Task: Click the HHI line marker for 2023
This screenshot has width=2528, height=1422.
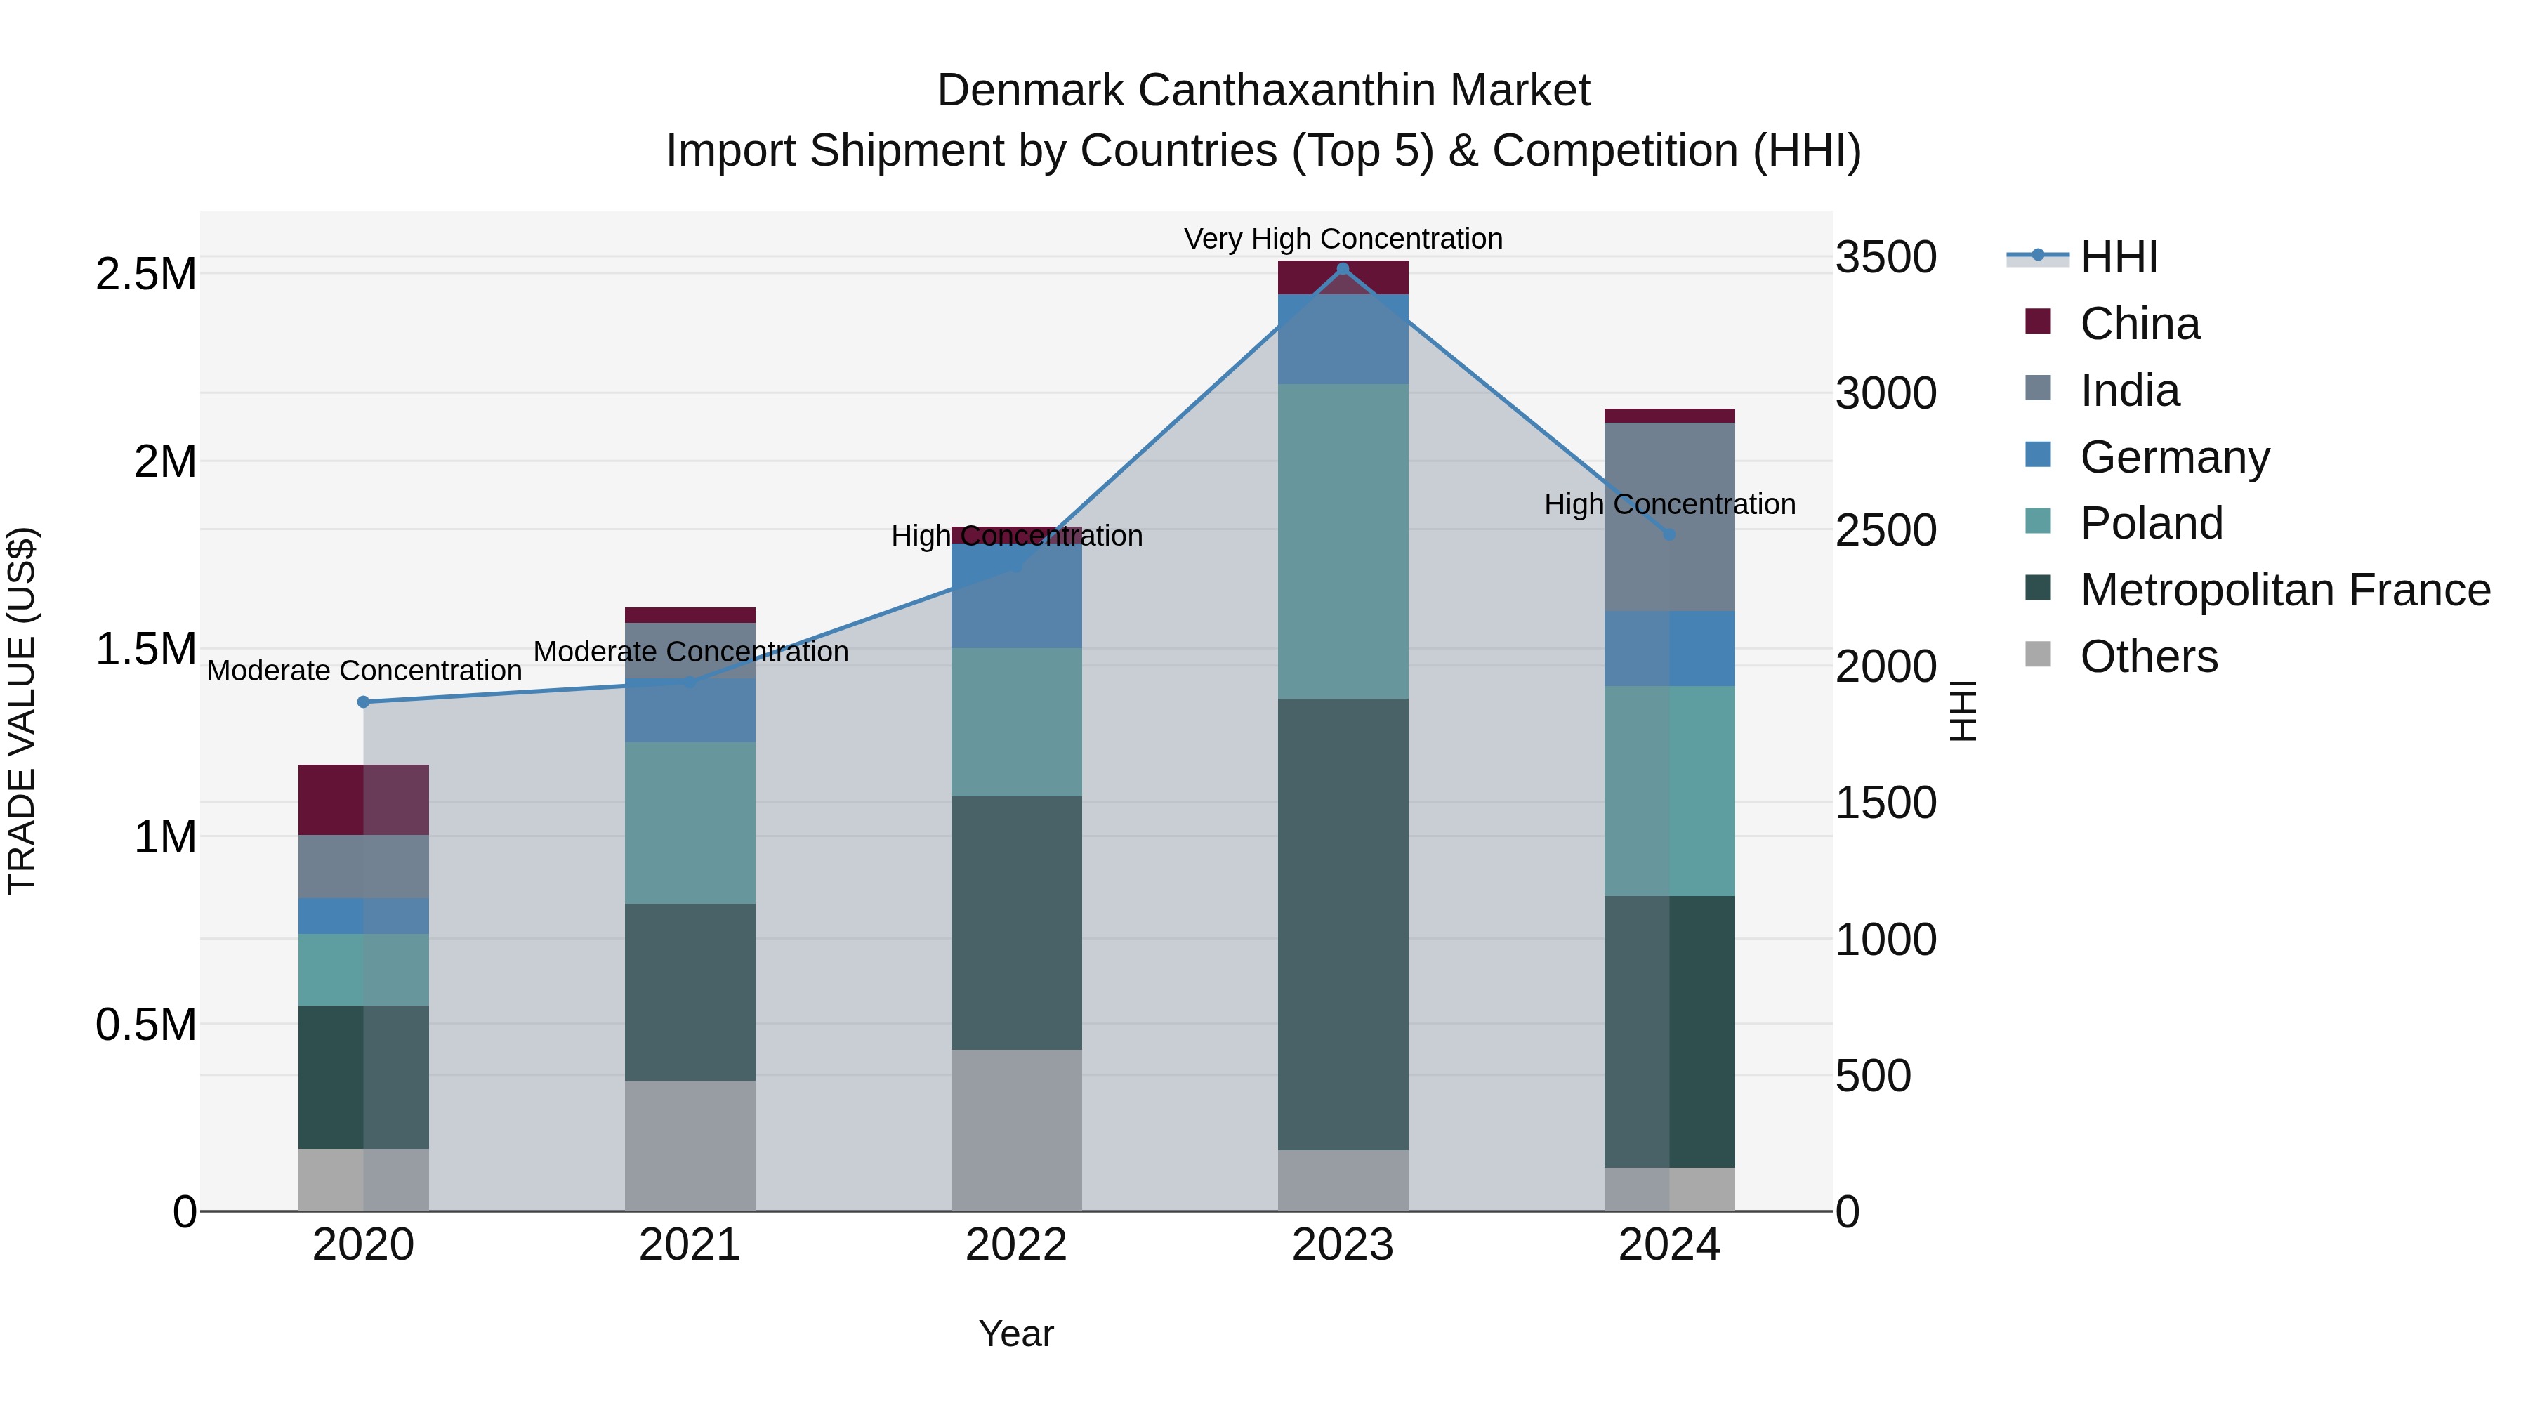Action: (1343, 269)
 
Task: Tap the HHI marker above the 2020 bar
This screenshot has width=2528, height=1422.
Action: (363, 702)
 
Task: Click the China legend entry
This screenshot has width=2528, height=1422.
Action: (2140, 324)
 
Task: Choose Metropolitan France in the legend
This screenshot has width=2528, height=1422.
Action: (2284, 590)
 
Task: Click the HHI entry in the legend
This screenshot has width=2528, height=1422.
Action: (2118, 257)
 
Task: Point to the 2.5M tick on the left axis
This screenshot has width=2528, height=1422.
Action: (146, 274)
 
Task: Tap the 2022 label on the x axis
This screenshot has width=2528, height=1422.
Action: (1015, 1245)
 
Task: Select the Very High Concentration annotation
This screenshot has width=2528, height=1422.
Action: (1343, 239)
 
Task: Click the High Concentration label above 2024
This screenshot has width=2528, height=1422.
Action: (1669, 504)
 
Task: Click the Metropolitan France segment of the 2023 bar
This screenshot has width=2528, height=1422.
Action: (1343, 923)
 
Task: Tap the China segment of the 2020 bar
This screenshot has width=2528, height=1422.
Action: (363, 799)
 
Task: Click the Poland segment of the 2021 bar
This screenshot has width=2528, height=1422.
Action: (690, 822)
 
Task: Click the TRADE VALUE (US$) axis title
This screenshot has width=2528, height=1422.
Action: (22, 711)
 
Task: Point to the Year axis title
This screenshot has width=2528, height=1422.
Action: (1015, 1334)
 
